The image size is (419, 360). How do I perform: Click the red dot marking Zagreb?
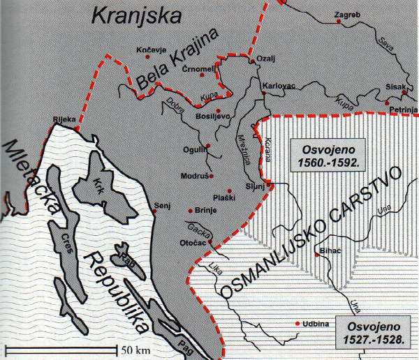tap(339, 22)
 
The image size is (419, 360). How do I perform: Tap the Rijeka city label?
tap(64, 119)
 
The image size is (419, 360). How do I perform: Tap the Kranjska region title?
tap(134, 17)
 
